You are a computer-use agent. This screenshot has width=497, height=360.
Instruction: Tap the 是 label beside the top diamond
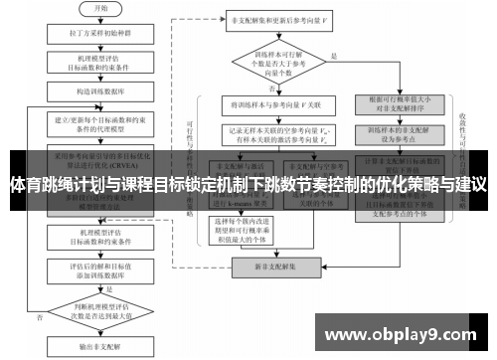click(x=334, y=55)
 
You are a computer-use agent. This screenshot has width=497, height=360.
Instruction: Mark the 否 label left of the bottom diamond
click(x=37, y=317)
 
